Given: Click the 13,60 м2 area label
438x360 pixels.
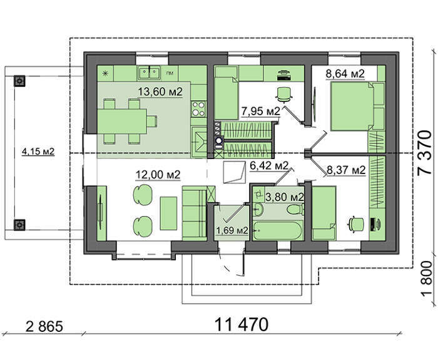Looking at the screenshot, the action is tap(160, 91).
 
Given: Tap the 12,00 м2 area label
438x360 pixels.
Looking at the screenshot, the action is tap(158, 175).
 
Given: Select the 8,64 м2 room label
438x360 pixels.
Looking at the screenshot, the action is tap(345, 74).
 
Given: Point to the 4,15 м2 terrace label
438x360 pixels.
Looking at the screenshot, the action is tap(38, 152).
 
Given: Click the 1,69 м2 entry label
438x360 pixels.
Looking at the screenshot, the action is tap(232, 230).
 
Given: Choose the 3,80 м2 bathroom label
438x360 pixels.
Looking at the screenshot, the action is tap(284, 197).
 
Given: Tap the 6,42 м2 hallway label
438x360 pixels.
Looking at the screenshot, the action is tap(268, 166).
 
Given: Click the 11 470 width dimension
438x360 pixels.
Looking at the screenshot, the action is tap(242, 324).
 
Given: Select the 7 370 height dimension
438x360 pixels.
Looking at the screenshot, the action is tap(424, 153).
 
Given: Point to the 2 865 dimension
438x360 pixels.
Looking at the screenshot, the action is tap(44, 326).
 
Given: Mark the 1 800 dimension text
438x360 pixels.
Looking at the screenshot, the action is tap(426, 280).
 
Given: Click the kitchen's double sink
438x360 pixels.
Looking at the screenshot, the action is tap(148, 73).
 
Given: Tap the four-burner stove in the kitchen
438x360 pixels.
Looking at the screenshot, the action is tap(198, 109).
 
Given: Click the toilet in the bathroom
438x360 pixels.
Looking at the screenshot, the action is tap(295, 209).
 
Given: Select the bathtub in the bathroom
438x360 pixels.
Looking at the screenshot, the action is tap(278, 231).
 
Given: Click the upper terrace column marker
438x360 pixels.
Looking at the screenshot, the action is tap(19, 81).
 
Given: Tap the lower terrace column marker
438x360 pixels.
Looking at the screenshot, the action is tap(19, 225).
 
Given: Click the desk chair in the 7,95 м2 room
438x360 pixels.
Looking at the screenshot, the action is tap(284, 94).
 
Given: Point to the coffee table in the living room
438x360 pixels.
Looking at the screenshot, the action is tap(168, 213).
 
